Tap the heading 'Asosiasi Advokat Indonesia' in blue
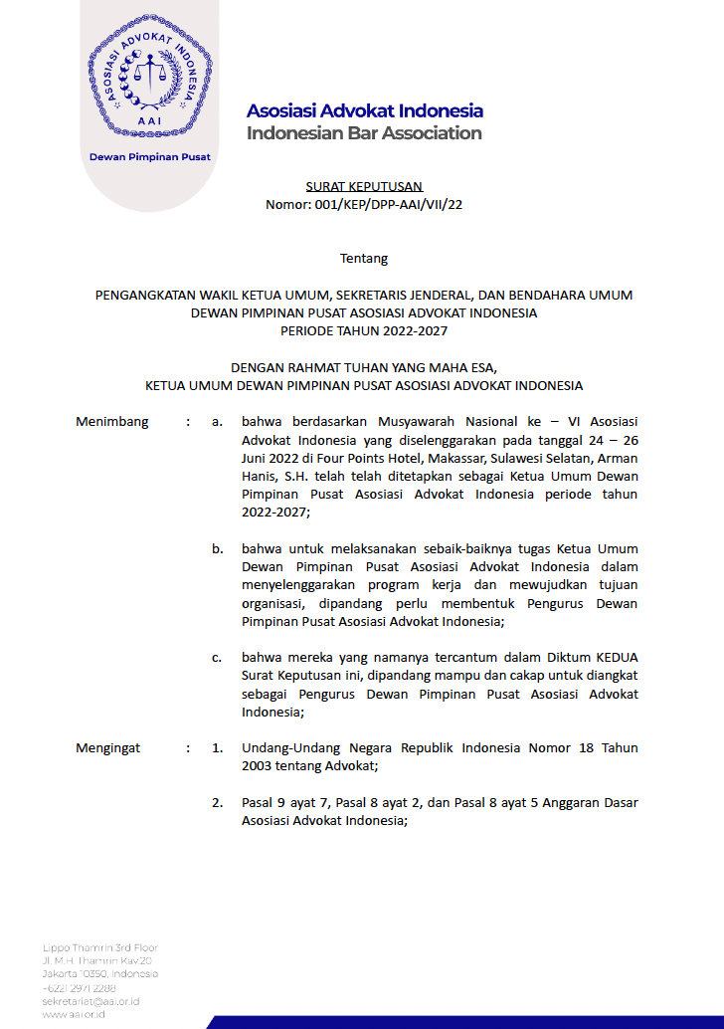[364, 110]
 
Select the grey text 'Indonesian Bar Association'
[364, 133]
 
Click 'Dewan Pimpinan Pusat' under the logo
[150, 156]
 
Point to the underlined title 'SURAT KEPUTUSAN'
[364, 186]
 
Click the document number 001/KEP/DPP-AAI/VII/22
[364, 205]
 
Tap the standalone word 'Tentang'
[364, 259]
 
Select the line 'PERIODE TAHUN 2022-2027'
[364, 330]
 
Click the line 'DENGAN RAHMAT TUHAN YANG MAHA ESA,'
[364, 366]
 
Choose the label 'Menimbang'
[112, 421]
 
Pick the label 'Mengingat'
[108, 747]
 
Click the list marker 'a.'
[217, 421]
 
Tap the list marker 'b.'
[217, 548]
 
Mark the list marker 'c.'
[217, 658]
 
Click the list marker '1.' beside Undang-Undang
[217, 747]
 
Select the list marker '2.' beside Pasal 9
[217, 802]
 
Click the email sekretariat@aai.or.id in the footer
[90, 1000]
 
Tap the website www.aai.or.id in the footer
[74, 1013]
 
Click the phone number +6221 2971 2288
[80, 987]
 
